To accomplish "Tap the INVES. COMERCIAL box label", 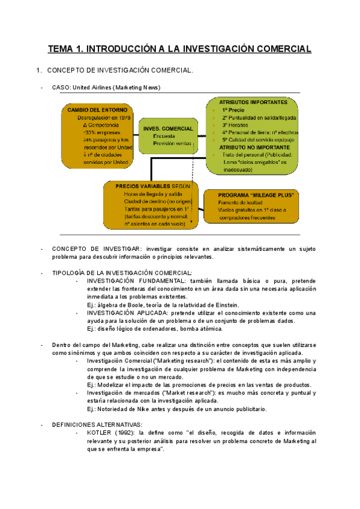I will click(168, 128).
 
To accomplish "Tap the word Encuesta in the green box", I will click(164, 136).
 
